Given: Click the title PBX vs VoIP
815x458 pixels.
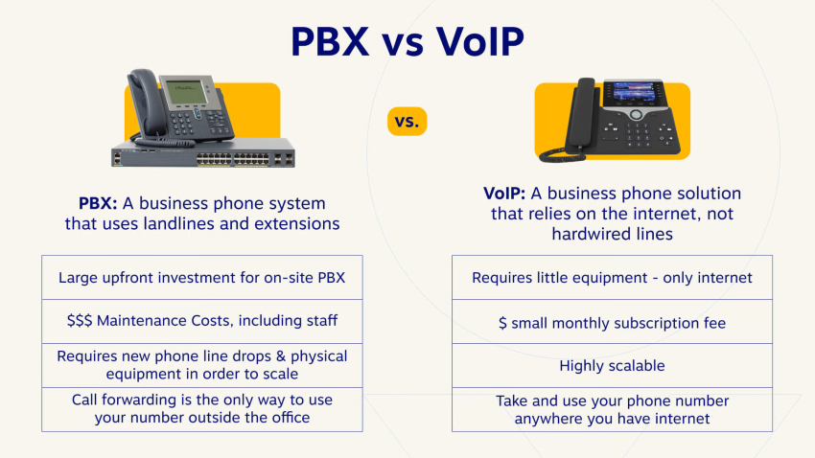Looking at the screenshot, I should pyautogui.click(x=407, y=43).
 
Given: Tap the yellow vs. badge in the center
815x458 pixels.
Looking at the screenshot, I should pyautogui.click(x=407, y=122).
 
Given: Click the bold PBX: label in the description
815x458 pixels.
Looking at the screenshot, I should pyautogui.click(x=98, y=203).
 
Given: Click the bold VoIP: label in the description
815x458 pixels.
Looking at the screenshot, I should pyautogui.click(x=505, y=194).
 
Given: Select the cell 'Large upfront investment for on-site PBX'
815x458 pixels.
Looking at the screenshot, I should pyautogui.click(x=201, y=278).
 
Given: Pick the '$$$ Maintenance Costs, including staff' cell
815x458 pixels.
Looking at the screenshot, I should pyautogui.click(x=201, y=321).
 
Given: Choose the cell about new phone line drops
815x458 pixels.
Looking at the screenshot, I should pyautogui.click(x=201, y=364).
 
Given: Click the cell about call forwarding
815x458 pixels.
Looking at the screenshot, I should pyautogui.click(x=201, y=408).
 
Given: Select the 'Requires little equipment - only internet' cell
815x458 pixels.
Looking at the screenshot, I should pyautogui.click(x=612, y=278).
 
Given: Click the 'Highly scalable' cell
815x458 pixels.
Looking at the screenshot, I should pyautogui.click(x=612, y=365).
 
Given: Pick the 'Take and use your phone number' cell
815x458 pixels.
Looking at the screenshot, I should pyautogui.click(x=612, y=409).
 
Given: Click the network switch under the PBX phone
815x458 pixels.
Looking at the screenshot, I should pyautogui.click(x=201, y=158).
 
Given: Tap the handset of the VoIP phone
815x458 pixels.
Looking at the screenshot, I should pyautogui.click(x=579, y=115).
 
